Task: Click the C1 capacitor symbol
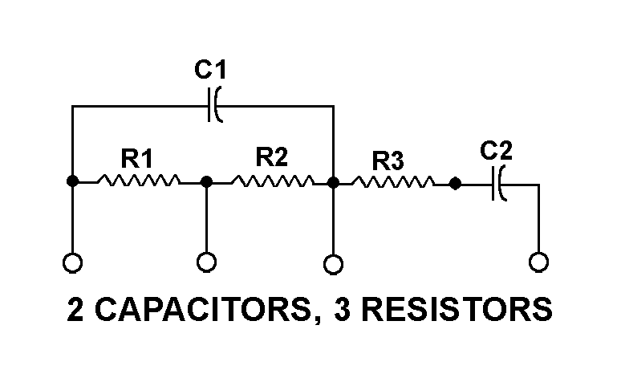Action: coord(214,106)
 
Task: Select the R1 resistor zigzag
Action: coord(138,182)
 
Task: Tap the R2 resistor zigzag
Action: coord(271,182)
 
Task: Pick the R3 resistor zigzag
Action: coord(393,183)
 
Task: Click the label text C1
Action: coord(211,71)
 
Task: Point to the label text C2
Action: coord(496,150)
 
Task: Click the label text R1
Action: coord(137,158)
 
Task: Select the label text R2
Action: coord(271,158)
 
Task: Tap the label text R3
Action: coord(388,161)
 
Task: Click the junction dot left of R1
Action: coord(72,182)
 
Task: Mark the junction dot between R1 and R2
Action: coord(206,182)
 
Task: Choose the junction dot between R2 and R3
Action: coord(333,182)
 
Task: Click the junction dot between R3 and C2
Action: coord(455,184)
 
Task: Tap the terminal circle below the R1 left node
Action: coord(72,262)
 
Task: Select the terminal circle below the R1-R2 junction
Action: coord(206,262)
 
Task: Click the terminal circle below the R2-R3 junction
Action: coord(333,262)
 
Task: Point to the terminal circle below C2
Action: coord(539,262)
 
